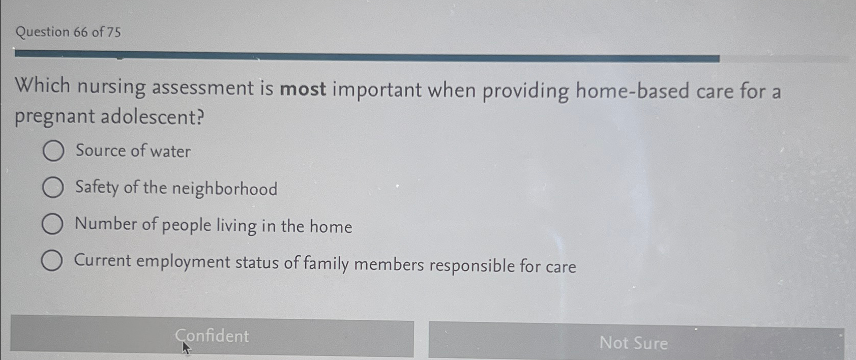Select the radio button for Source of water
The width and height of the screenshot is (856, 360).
click(53, 151)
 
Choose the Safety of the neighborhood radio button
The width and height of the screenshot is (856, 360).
click(53, 187)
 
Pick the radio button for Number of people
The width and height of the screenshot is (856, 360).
click(52, 224)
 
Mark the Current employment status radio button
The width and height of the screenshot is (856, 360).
click(52, 261)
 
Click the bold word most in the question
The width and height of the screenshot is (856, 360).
click(303, 89)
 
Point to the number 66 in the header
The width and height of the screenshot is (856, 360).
click(81, 32)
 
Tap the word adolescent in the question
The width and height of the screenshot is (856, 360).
click(153, 116)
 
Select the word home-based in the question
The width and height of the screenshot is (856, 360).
click(632, 92)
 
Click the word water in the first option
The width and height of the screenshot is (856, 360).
click(170, 152)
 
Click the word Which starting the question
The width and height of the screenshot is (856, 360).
click(43, 85)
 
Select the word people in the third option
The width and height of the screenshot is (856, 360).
click(187, 226)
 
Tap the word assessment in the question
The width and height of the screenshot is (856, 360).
click(203, 88)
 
